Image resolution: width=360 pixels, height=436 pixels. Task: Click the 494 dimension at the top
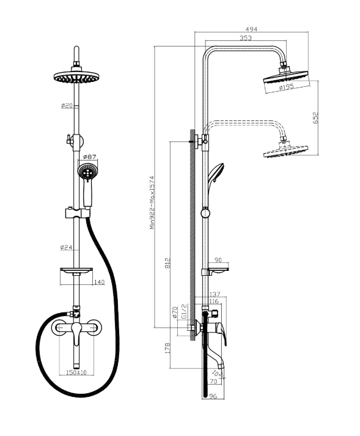pyautogui.click(x=251, y=29)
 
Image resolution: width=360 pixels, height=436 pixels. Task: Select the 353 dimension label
pyautogui.click(x=246, y=38)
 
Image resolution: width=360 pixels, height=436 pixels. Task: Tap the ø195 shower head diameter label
pyautogui.click(x=286, y=87)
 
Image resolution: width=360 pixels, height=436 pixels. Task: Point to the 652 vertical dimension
pyautogui.click(x=315, y=117)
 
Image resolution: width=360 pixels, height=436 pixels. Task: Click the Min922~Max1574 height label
pyautogui.click(x=152, y=202)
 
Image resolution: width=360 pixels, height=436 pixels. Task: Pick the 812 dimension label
pyautogui.click(x=167, y=263)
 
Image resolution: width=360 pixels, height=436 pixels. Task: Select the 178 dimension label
pyautogui.click(x=167, y=348)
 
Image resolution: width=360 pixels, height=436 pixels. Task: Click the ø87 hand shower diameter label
pyautogui.click(x=89, y=157)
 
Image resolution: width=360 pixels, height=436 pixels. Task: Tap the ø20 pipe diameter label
pyautogui.click(x=67, y=106)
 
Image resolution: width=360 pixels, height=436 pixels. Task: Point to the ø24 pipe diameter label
pyautogui.click(x=66, y=247)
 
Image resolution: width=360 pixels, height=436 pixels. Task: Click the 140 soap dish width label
pyautogui.click(x=99, y=283)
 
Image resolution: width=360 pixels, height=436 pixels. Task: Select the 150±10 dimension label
pyautogui.click(x=76, y=372)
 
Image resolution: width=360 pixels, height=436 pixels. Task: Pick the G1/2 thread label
pyautogui.click(x=184, y=311)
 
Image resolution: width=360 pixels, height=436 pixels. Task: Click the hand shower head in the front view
pyautogui.click(x=87, y=172)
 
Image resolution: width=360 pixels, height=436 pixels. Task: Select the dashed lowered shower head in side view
pyautogui.click(x=285, y=150)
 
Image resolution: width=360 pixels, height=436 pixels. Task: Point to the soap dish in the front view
pyautogui.click(x=76, y=270)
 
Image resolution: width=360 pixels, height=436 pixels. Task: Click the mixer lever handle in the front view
pyautogui.click(x=76, y=334)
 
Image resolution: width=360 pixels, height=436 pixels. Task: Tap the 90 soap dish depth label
pyautogui.click(x=218, y=260)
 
